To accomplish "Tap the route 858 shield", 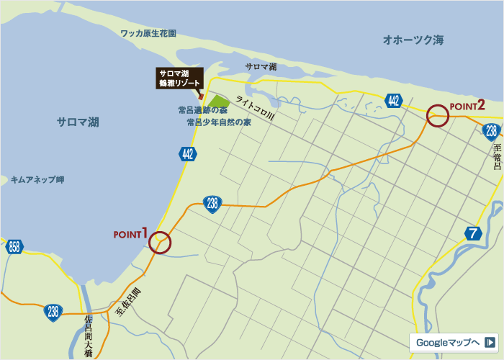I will [14, 247].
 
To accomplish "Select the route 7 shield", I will [473, 233].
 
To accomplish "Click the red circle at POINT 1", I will [161, 242].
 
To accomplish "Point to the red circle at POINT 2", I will [437, 115].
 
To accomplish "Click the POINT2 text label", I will [467, 105].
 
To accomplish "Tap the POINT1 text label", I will [130, 233].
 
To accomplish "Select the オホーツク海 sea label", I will [413, 40].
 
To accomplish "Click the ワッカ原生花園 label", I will [149, 33].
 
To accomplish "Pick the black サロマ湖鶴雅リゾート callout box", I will [180, 78].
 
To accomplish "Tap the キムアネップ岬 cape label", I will [37, 179].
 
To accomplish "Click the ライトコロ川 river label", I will [255, 109].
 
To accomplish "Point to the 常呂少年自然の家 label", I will [219, 122].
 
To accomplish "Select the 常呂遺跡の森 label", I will [202, 110].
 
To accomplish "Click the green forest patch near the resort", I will [219, 102].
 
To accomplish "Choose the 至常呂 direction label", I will [497, 156].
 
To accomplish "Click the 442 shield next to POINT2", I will [392, 100].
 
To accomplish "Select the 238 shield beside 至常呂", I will [491, 131].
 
